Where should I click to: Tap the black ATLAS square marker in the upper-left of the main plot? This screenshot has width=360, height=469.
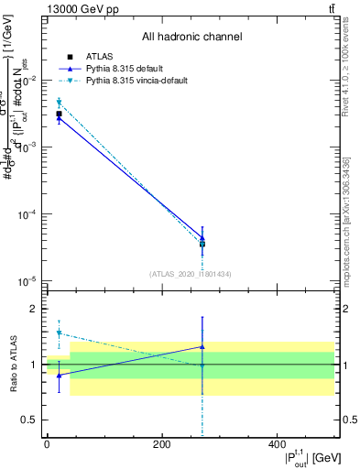click(59, 114)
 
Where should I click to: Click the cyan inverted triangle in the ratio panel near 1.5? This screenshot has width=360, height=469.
click(59, 333)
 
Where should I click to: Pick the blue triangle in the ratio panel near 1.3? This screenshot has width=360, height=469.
click(202, 347)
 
